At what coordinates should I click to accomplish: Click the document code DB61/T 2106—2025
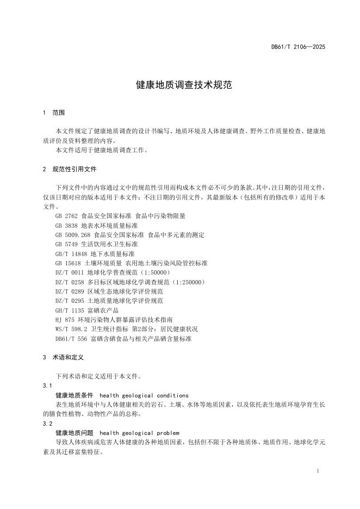click(x=298, y=47)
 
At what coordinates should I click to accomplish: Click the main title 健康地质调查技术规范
click(x=179, y=85)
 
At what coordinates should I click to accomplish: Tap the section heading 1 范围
click(x=54, y=113)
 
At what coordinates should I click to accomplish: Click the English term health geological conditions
click(x=144, y=395)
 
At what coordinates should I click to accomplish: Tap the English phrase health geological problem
click(x=140, y=433)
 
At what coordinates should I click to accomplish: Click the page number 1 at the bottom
click(x=317, y=470)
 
